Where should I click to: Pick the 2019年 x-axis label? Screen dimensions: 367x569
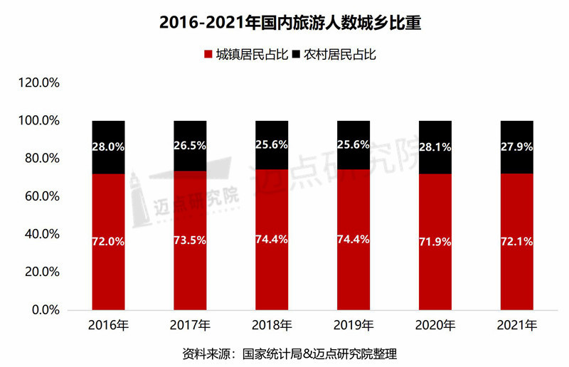pyautogui.click(x=353, y=326)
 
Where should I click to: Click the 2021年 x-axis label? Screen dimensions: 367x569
pyautogui.click(x=517, y=326)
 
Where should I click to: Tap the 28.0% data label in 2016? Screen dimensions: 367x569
pyautogui.click(x=108, y=147)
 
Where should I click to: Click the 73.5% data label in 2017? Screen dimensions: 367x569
pyautogui.click(x=190, y=240)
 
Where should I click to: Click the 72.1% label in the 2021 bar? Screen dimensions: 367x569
pyautogui.click(x=517, y=242)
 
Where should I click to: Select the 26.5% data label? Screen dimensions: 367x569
pyautogui.click(x=190, y=146)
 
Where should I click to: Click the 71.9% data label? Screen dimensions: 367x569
pyautogui.click(x=435, y=242)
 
